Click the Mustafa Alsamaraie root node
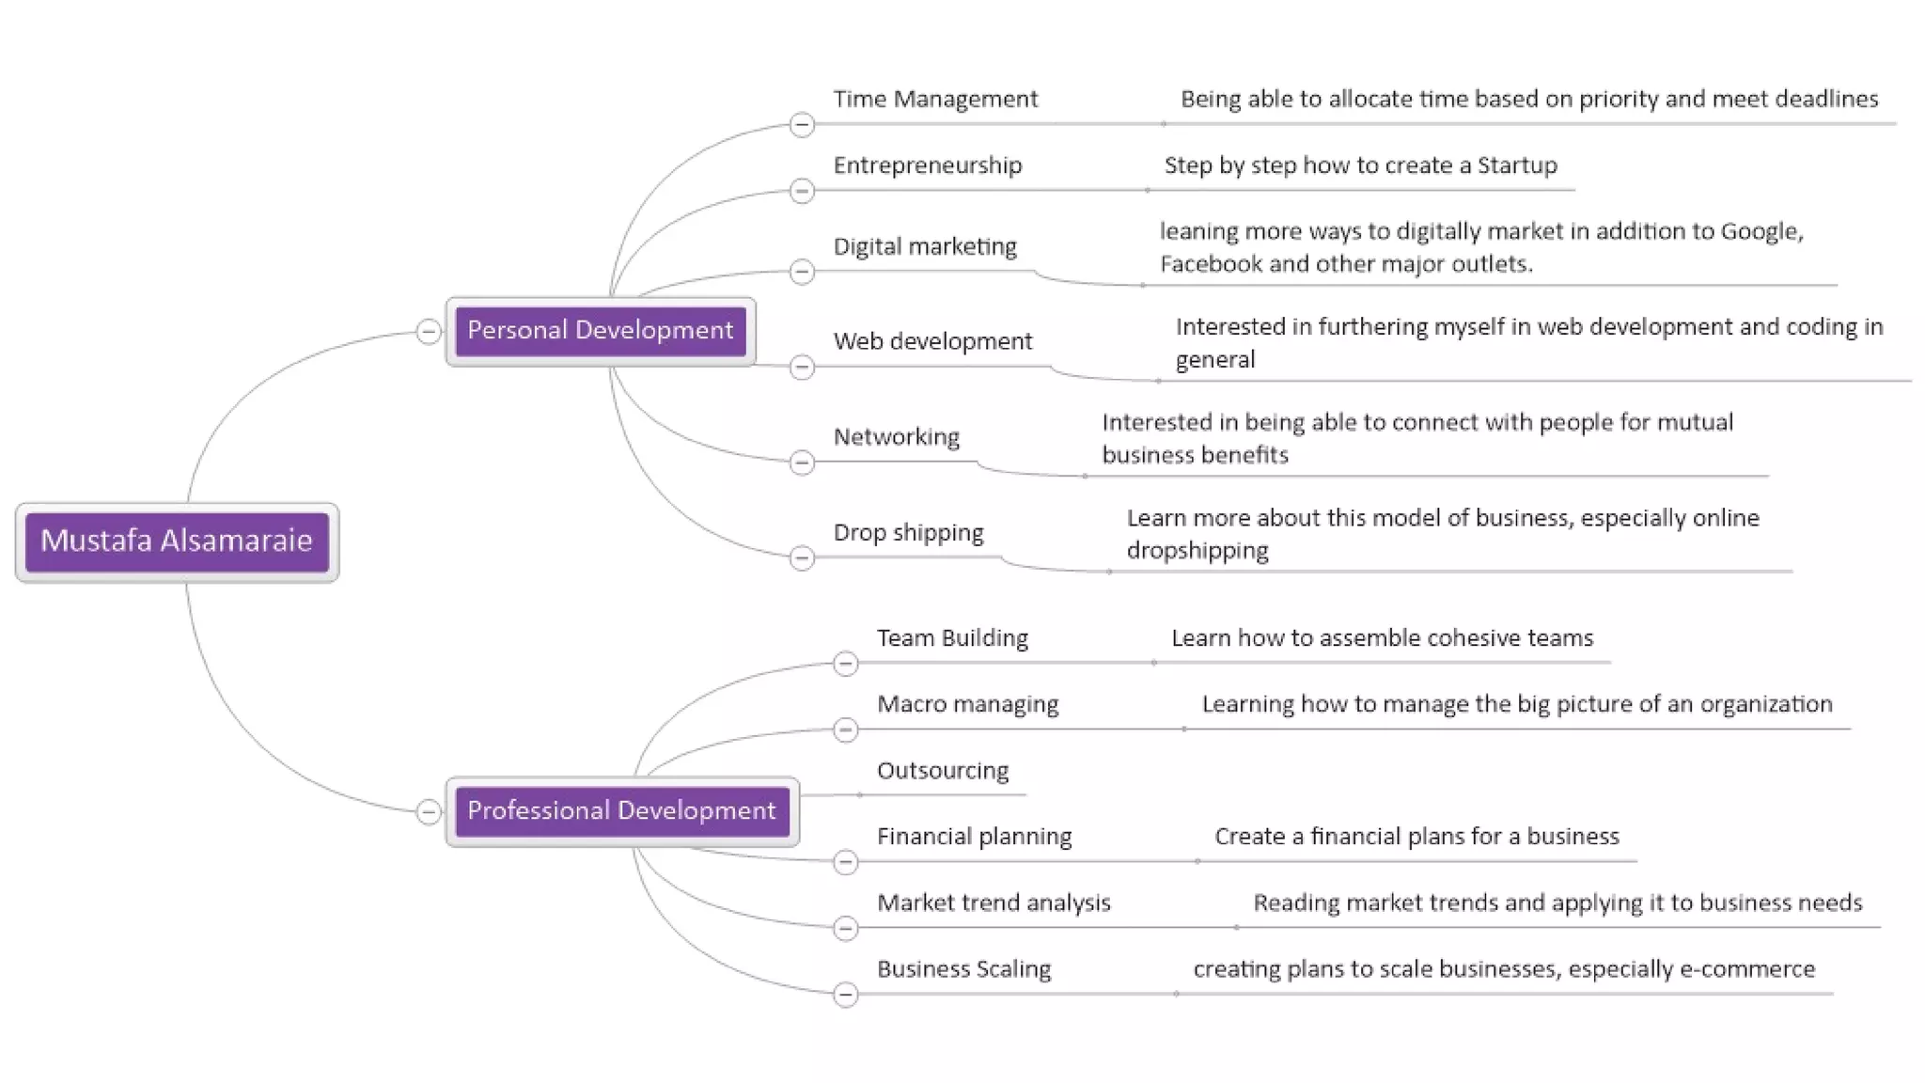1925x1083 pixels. (x=177, y=541)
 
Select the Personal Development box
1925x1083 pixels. (x=600, y=331)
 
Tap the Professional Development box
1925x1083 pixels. (x=621, y=811)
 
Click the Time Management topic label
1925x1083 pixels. (x=935, y=100)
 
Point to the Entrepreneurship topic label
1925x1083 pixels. (x=927, y=165)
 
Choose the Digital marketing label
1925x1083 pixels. (x=925, y=246)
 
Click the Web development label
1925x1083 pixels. (x=932, y=341)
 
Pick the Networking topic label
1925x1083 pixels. (x=896, y=437)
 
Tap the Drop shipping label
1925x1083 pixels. (x=908, y=533)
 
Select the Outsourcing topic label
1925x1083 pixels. (x=943, y=771)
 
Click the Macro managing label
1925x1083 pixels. (x=967, y=704)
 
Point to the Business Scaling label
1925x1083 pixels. (x=963, y=969)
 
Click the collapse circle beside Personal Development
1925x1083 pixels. (x=429, y=332)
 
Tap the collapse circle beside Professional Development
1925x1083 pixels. (x=429, y=812)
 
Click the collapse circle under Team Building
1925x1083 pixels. (x=845, y=664)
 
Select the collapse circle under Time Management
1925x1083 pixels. (x=802, y=125)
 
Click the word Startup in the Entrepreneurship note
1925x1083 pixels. (x=1517, y=165)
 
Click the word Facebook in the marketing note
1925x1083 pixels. (x=1211, y=264)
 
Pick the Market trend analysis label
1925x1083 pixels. (x=994, y=903)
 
